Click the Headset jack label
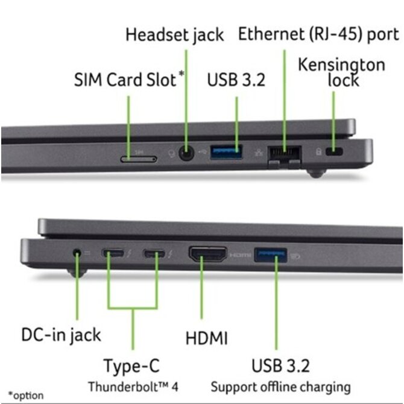174,34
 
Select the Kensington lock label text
342,72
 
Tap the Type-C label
133,365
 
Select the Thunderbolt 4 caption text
133,386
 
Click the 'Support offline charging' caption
280,386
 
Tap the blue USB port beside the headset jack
227,153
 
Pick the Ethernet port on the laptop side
284,156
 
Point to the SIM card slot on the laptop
138,159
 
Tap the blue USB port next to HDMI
270,254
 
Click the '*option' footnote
26,396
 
